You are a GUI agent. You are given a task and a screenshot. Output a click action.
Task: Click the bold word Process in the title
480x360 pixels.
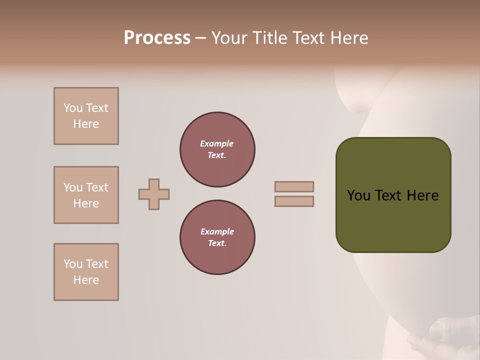[x=157, y=38]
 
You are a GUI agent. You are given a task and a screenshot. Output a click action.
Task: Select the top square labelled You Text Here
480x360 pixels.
[x=86, y=116]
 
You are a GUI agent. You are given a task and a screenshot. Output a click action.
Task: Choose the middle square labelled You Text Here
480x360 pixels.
[x=86, y=195]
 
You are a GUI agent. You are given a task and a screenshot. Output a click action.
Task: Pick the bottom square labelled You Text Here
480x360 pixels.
[x=86, y=272]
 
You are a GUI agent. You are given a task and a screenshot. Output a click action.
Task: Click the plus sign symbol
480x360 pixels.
[x=154, y=194]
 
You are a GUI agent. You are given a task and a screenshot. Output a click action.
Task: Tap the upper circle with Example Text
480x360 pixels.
[x=217, y=149]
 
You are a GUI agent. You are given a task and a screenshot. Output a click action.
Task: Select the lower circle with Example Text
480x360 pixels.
[x=217, y=237]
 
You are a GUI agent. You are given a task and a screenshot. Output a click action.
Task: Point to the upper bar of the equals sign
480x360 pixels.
[x=294, y=186]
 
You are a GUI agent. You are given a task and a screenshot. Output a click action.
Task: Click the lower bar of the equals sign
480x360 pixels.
[x=294, y=201]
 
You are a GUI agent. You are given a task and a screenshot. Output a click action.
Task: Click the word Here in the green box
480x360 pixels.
[x=422, y=195]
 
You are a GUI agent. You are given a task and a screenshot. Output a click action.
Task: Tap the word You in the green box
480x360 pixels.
[x=358, y=195]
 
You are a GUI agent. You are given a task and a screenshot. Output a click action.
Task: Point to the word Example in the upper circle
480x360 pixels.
[x=217, y=143]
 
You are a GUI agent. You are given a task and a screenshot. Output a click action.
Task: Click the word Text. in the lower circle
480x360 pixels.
[x=217, y=243]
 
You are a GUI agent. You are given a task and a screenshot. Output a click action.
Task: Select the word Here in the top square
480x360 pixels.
[x=86, y=124]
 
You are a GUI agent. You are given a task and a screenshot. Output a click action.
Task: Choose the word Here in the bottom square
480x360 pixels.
[x=86, y=280]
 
